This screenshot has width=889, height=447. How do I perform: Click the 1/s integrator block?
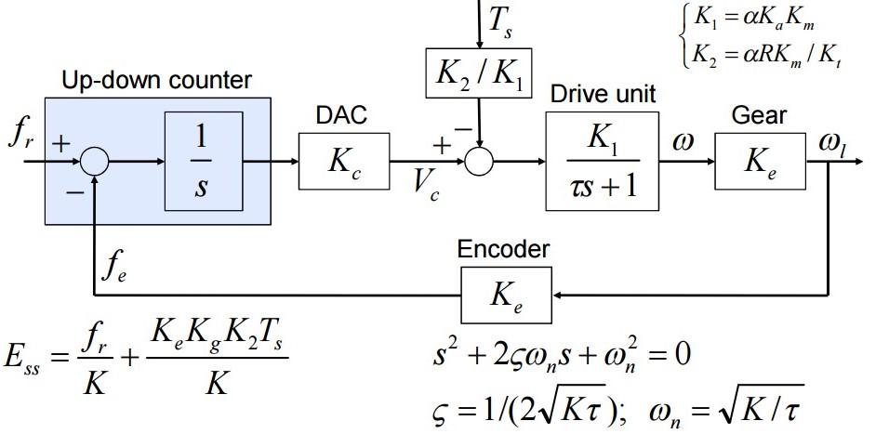[x=203, y=162]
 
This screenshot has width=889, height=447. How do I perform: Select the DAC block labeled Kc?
[x=343, y=161]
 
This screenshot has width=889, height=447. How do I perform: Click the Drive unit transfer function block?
[x=602, y=161]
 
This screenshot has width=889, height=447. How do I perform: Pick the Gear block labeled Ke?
[x=760, y=161]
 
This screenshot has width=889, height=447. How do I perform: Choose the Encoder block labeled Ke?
[x=507, y=295]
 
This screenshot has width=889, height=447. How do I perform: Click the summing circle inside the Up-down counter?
[x=94, y=162]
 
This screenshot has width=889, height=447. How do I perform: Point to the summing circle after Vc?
[x=479, y=162]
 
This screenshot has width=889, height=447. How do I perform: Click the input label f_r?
[x=20, y=135]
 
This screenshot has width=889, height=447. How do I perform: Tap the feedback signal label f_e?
[x=113, y=269]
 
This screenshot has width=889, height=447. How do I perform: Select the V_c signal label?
[x=427, y=183]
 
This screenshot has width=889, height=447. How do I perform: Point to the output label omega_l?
[x=831, y=143]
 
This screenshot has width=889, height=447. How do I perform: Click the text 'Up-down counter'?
[x=156, y=81]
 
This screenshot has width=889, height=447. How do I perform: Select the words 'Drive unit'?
[x=603, y=94]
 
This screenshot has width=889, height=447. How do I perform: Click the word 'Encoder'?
[x=502, y=249]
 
